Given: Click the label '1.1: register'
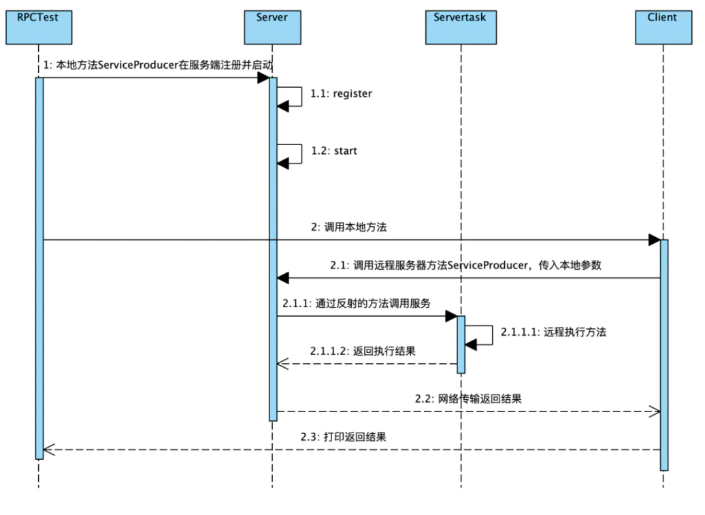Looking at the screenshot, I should [342, 94].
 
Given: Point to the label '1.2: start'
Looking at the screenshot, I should [334, 151].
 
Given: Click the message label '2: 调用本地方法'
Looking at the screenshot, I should [348, 228].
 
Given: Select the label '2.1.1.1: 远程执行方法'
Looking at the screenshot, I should [553, 332].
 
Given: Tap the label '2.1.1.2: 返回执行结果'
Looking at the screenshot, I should [363, 352].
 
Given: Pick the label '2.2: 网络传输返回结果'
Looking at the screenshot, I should [468, 399].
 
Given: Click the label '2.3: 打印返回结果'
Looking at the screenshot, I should [344, 437].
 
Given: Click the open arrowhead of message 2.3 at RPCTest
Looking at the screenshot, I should [48, 449].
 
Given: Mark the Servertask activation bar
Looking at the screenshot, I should [461, 344].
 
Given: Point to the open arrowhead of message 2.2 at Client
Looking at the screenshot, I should [655, 411].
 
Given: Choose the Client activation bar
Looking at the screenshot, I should [663, 354].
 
